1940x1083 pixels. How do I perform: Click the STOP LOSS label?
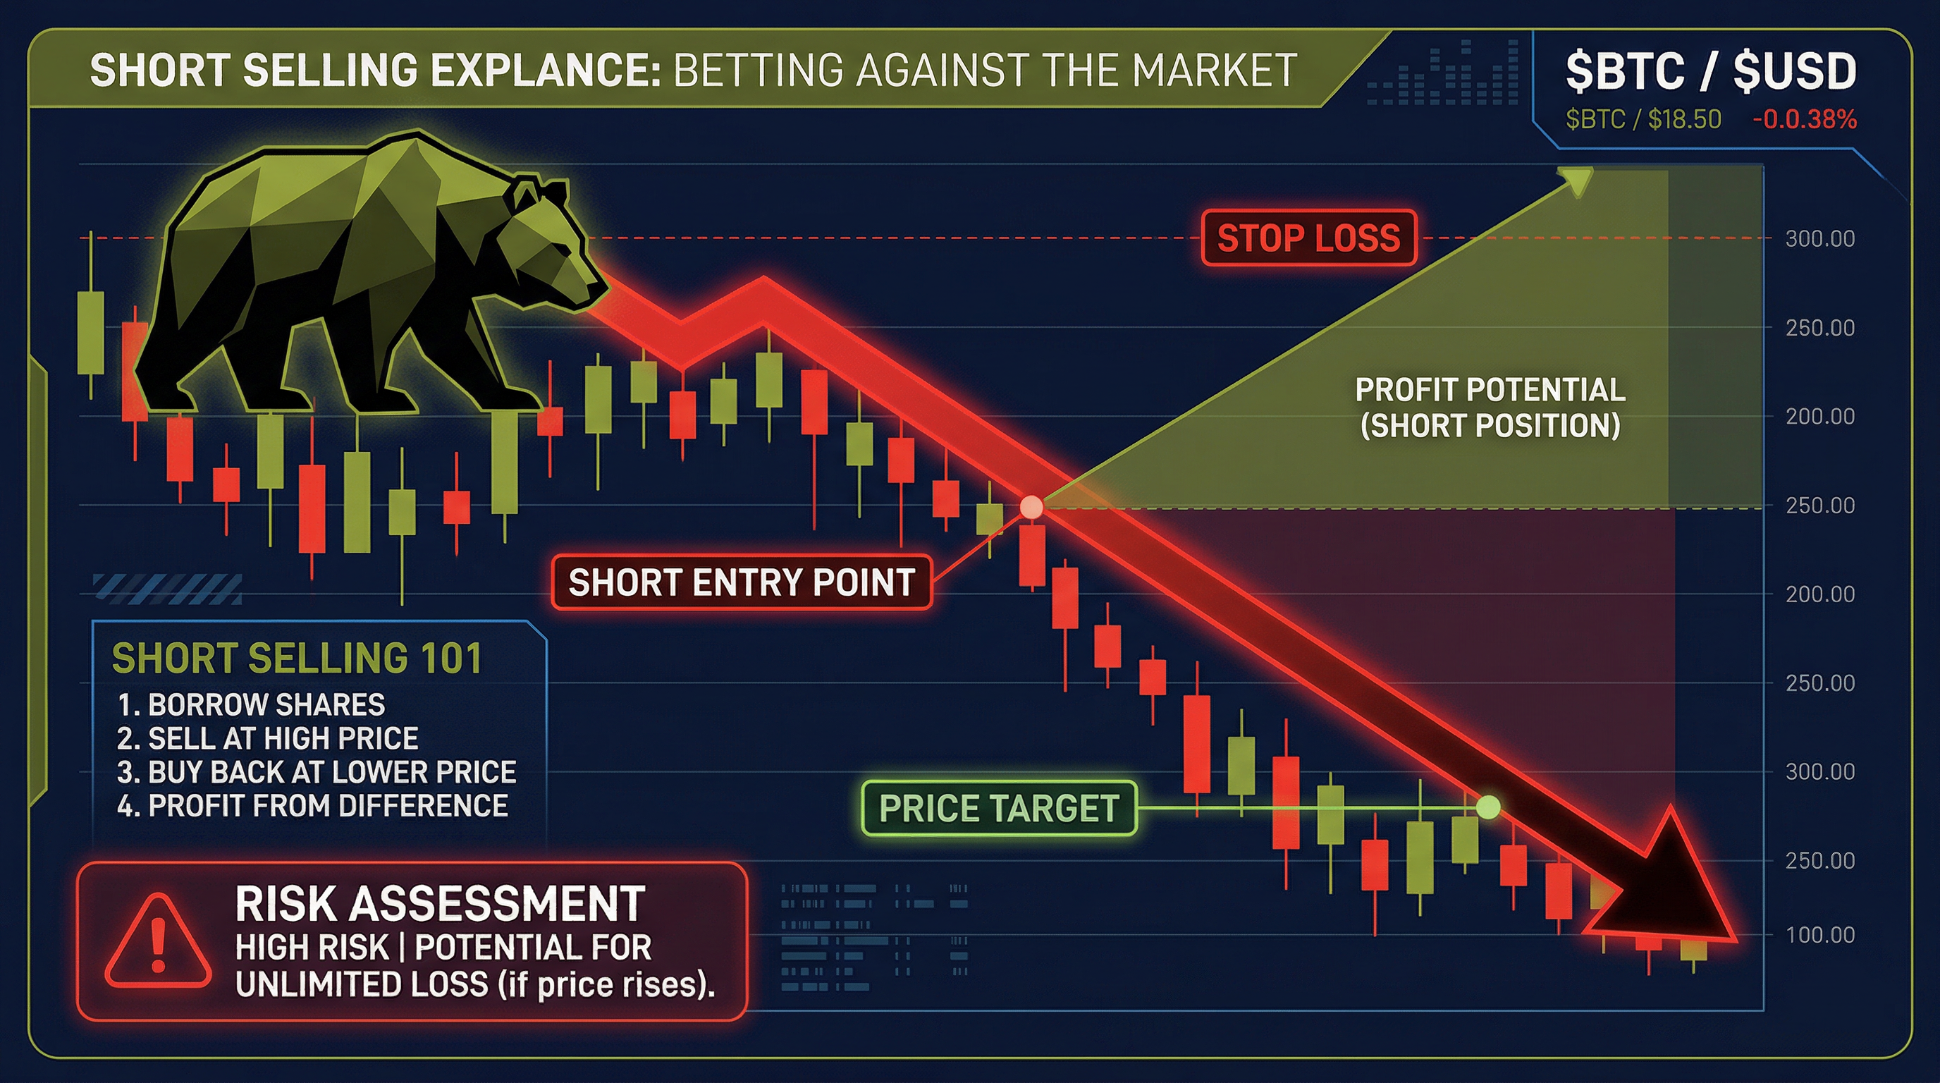[x=1309, y=238]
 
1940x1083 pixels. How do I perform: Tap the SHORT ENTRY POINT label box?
[x=742, y=582]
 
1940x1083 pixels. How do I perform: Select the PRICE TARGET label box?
[x=999, y=808]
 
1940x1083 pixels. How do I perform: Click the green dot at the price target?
[x=1488, y=807]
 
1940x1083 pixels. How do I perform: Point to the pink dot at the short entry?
[x=1031, y=507]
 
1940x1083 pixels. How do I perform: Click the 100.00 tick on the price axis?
[x=1819, y=935]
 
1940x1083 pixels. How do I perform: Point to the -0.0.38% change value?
[x=1805, y=120]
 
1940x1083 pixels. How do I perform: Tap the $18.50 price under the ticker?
[x=1684, y=120]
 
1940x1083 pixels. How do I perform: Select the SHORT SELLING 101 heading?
[x=297, y=659]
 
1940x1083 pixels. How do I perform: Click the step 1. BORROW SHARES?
[x=252, y=705]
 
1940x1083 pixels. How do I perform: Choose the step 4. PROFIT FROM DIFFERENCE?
[x=312, y=806]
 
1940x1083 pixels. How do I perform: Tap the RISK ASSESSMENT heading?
[x=440, y=903]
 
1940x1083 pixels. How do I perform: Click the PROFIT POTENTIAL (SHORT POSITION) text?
[x=1490, y=408]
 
